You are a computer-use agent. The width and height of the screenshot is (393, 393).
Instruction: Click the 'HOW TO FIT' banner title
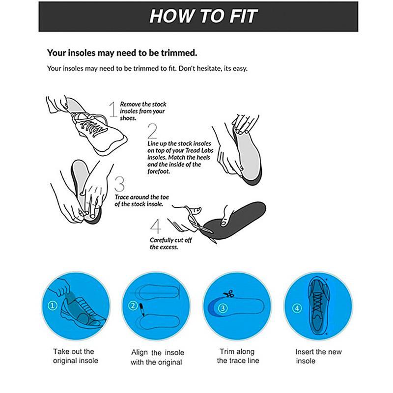tap(203, 16)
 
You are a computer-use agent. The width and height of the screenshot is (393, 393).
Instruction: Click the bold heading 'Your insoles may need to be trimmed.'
tap(122, 52)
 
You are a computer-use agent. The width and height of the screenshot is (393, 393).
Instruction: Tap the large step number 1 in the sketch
tap(113, 109)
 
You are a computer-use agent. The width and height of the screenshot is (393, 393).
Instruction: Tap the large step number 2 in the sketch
tap(152, 131)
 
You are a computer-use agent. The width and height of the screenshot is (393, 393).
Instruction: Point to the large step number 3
tap(119, 184)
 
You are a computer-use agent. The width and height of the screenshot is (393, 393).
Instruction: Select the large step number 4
tap(155, 226)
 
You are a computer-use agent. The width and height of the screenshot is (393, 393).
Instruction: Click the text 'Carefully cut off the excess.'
tap(164, 244)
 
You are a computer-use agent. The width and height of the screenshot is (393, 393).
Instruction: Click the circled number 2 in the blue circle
tap(133, 306)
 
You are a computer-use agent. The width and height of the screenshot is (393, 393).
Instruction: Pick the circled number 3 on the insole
tap(223, 309)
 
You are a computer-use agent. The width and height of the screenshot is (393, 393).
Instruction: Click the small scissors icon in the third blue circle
tap(227, 295)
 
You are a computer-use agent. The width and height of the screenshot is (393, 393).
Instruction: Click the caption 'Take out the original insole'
tap(75, 356)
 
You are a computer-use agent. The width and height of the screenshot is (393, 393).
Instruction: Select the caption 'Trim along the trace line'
tap(238, 356)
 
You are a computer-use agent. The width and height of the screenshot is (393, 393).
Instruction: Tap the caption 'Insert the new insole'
tap(318, 356)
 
